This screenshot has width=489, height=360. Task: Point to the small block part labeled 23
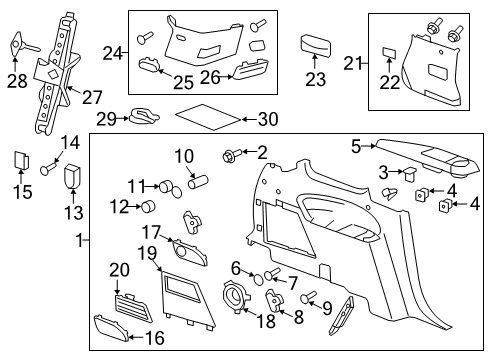click(x=316, y=45)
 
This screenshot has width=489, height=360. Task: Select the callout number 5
click(x=356, y=146)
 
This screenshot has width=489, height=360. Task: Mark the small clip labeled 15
click(x=19, y=160)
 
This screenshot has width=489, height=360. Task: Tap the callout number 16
click(x=154, y=338)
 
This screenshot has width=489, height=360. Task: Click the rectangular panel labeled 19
click(x=182, y=297)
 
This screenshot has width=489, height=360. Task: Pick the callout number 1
click(x=80, y=240)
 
